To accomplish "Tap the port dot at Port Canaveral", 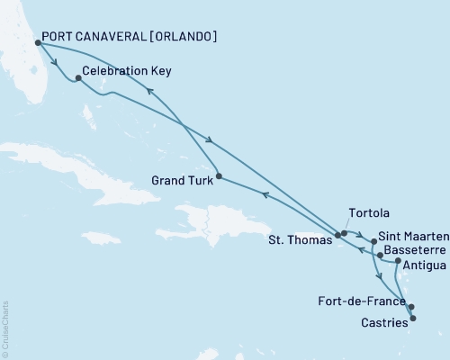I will click(38, 42).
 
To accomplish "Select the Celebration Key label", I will click(127, 69).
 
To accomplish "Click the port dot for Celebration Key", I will click(78, 78).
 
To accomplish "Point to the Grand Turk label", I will click(181, 178).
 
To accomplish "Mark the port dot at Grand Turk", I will click(219, 176).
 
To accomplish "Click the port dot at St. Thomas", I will click(337, 235).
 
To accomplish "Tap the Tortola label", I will click(369, 213).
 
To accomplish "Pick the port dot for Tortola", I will click(344, 233).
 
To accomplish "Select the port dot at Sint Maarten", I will click(373, 241).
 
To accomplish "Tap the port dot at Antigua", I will click(398, 260).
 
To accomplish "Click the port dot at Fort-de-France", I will click(411, 307).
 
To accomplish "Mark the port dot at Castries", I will click(413, 318).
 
